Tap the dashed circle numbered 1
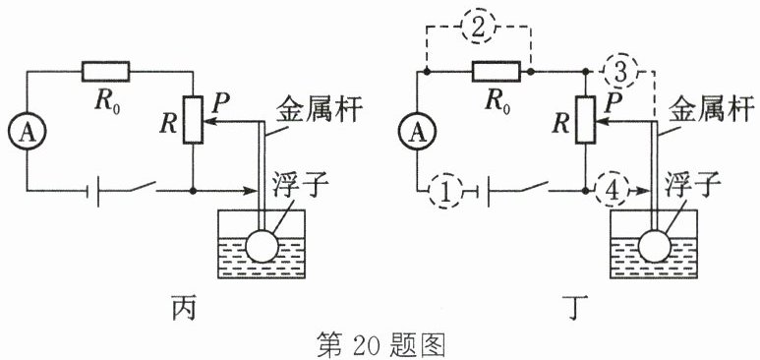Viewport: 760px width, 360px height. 446,191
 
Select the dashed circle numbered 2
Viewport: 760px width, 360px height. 478,28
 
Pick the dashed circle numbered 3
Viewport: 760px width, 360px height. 619,72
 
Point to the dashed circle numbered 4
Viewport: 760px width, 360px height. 613,190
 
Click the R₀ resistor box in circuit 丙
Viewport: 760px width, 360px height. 105,72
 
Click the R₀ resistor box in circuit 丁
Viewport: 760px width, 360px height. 497,72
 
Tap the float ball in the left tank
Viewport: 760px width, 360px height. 263,246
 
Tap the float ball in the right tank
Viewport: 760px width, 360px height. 655,246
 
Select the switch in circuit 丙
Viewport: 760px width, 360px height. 142,187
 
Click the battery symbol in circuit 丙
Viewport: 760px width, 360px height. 92,191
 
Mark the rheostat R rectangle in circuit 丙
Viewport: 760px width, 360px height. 193,119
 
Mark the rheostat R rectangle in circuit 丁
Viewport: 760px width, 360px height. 586,119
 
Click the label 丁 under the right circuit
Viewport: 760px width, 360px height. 575,308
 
